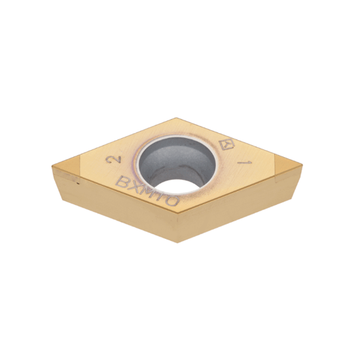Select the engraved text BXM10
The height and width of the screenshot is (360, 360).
(147, 193)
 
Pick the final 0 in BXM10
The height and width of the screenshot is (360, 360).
(171, 202)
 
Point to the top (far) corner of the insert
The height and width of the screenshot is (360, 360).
(176, 118)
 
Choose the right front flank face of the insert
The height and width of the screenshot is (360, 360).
(236, 209)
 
